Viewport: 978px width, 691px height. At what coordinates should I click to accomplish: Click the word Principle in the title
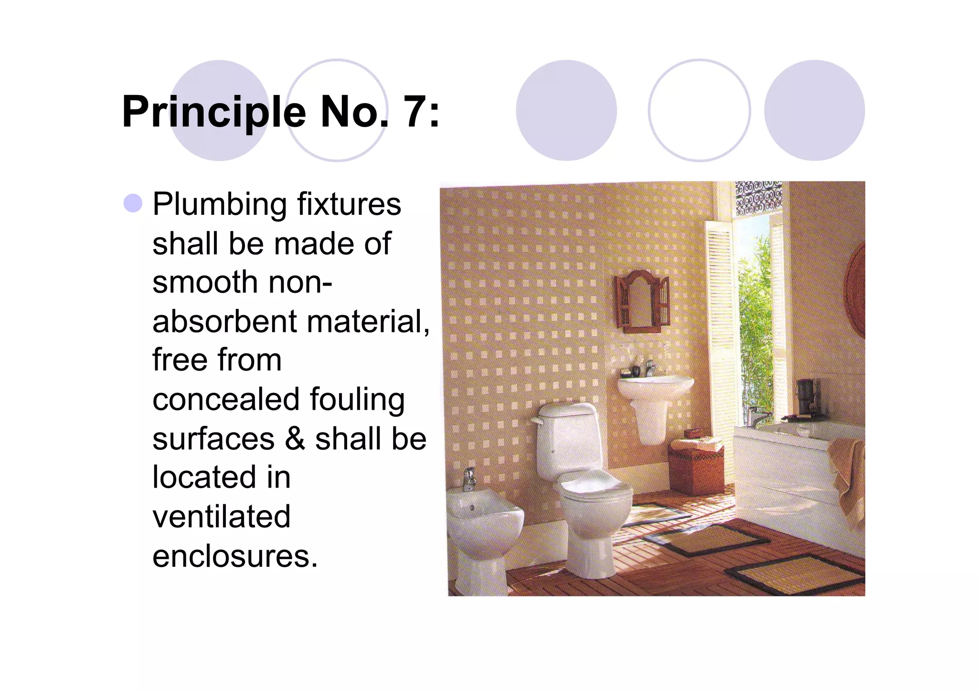(x=213, y=113)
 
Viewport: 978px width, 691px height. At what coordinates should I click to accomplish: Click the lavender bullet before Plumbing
(x=133, y=203)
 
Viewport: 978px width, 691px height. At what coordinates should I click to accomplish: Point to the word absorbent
(x=224, y=321)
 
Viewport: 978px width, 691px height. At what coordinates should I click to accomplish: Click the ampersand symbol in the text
(x=295, y=439)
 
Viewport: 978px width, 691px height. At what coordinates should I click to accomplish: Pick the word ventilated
(x=222, y=517)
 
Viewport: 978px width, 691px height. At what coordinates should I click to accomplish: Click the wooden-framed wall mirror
(x=642, y=302)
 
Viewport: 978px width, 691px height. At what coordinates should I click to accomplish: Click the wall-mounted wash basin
(x=654, y=387)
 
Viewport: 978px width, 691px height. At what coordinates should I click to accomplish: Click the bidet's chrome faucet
(x=470, y=478)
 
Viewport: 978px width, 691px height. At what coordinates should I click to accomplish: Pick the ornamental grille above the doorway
(x=758, y=197)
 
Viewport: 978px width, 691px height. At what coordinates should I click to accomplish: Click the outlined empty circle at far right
(x=699, y=110)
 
